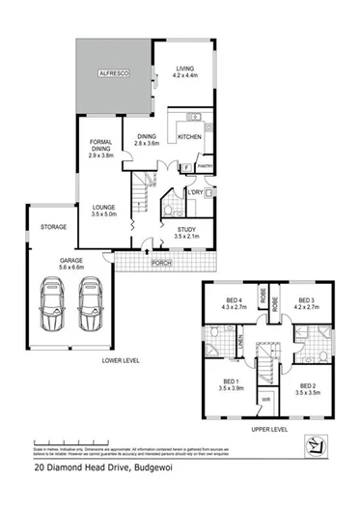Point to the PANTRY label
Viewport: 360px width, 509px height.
(205, 166)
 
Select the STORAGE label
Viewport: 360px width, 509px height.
(53, 227)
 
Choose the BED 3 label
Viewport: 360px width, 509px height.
(307, 302)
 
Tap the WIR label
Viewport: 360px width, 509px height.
(264, 398)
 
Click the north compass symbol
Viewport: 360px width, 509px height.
(313, 445)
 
